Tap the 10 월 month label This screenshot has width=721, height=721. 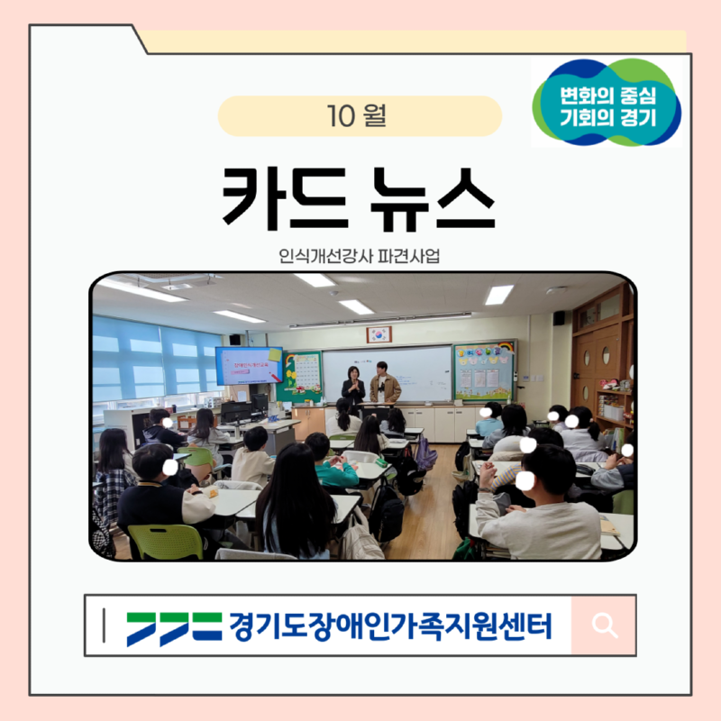coord(359,116)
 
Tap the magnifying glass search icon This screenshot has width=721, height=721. coord(603,625)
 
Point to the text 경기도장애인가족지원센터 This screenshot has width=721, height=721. coord(389,625)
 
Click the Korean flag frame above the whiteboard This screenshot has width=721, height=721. coord(379,333)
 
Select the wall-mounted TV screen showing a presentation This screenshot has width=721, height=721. coord(248,365)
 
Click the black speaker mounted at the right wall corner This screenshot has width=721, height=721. coord(559,317)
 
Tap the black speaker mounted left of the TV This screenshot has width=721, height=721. coord(234,340)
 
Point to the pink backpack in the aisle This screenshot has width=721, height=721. coord(424,453)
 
